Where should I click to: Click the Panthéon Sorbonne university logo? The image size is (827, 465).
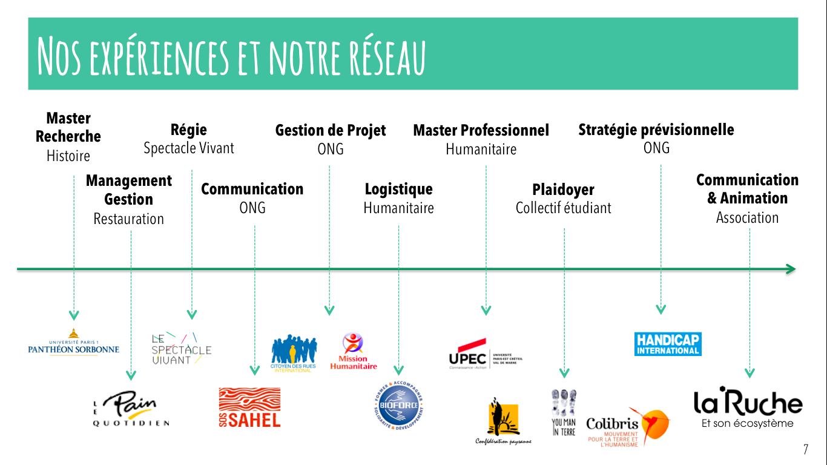(73, 343)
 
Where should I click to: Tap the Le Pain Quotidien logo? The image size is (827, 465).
(131, 407)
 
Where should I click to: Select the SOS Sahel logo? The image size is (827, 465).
(249, 407)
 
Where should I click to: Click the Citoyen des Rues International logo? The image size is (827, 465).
(294, 353)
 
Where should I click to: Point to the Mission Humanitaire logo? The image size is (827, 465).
(353, 351)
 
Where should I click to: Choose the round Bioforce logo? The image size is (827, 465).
(398, 403)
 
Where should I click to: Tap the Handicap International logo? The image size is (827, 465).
(668, 344)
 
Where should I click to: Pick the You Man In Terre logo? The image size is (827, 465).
(564, 412)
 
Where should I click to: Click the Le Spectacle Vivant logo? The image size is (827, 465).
(180, 349)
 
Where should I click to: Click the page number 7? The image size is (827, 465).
(806, 450)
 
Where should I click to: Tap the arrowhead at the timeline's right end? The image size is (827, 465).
(790, 269)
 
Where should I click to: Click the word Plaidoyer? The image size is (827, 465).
(563, 190)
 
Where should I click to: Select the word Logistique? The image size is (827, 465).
(398, 189)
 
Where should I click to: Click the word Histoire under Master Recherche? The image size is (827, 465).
(68, 156)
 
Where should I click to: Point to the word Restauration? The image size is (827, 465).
(128, 219)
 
